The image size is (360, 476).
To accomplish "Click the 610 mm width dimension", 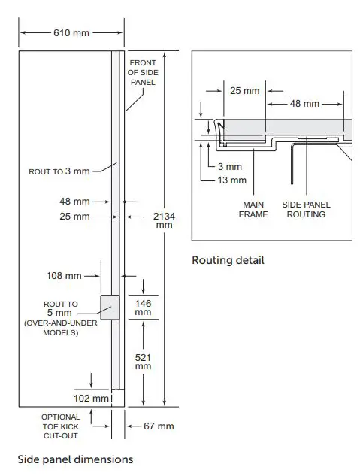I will pyautogui.click(x=71, y=33).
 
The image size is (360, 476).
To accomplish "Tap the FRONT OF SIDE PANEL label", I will pyautogui.click(x=142, y=72).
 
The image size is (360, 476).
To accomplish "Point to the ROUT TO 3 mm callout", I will pyautogui.click(x=59, y=171).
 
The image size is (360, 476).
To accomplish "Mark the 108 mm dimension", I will pyautogui.click(x=64, y=276).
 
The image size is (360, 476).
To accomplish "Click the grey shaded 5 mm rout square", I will pyautogui.click(x=110, y=308).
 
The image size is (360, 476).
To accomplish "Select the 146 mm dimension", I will pyautogui.click(x=142, y=308).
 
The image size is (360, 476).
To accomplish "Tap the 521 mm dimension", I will pyautogui.click(x=142, y=361).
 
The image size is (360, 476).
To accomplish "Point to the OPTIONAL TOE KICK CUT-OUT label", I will pyautogui.click(x=60, y=426).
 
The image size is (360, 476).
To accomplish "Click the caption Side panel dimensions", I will pyautogui.click(x=75, y=459).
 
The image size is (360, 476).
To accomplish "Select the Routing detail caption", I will pyautogui.click(x=228, y=261).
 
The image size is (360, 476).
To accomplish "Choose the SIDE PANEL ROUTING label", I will pyautogui.click(x=306, y=209).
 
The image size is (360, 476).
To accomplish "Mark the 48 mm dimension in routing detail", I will pyautogui.click(x=305, y=103).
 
